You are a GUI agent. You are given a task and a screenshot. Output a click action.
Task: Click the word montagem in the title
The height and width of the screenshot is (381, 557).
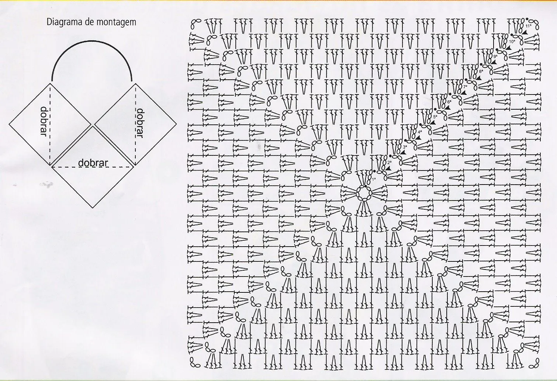pos(117,23)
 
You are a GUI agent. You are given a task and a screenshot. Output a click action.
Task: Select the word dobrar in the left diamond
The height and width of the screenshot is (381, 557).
pos(44,121)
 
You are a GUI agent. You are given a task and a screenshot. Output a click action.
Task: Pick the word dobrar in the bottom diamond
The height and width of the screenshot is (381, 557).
pos(93,162)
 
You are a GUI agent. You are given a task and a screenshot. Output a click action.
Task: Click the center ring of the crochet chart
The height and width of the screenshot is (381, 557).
pos(364,193)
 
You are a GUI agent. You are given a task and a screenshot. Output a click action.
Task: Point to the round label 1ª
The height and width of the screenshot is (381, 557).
pos(374,179)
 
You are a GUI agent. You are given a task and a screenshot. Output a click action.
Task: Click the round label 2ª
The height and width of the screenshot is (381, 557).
pos(390,162)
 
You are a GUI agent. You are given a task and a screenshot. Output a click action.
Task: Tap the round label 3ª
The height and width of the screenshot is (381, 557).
pos(405,147)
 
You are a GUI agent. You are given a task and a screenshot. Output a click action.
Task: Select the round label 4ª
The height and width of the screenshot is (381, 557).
pos(420,131)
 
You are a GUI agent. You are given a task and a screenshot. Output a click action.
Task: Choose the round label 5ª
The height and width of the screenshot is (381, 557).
pos(435,117)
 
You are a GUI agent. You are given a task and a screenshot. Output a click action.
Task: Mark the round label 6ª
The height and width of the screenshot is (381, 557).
pos(449,102)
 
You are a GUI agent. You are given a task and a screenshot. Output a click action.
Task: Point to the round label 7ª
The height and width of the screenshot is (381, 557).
pos(465,86)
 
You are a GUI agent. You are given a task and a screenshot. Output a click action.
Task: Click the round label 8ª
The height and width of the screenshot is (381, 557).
pos(481,71)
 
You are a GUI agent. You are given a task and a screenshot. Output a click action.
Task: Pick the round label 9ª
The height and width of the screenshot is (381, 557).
pos(495,56)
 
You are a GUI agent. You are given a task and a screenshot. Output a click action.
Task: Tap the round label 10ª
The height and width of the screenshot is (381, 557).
pos(512,41)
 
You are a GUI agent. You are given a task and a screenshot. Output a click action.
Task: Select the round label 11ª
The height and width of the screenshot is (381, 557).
pos(528,26)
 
